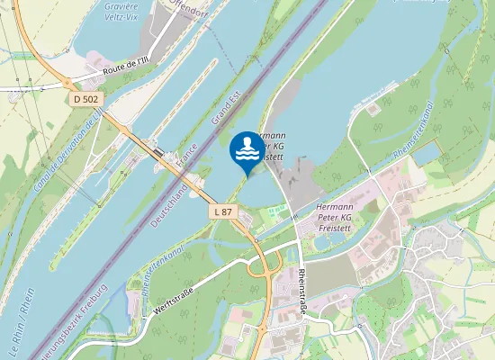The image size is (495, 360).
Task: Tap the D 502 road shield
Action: click(x=85, y=98)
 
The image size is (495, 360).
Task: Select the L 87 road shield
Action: click(x=223, y=211)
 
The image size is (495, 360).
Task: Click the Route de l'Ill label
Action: click(x=126, y=69)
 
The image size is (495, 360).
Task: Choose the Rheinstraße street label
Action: click(x=302, y=293)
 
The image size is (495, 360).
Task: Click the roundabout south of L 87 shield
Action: click(x=265, y=267)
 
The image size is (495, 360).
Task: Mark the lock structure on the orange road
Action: click(x=161, y=155)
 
